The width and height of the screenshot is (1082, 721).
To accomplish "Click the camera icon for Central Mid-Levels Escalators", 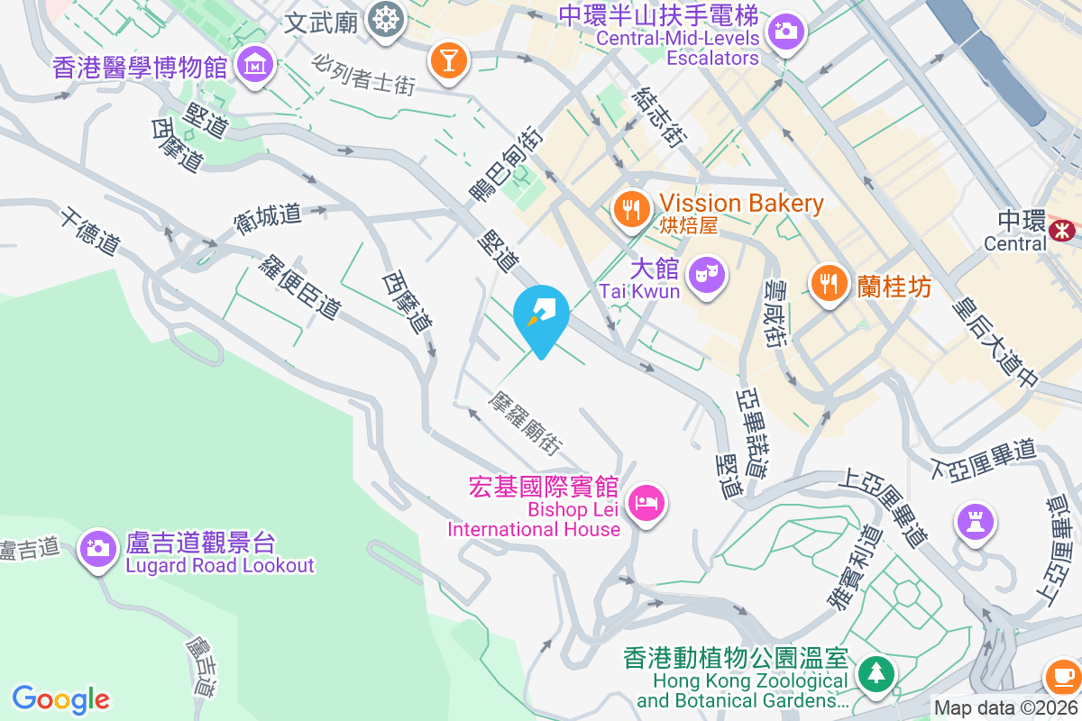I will (x=786, y=32).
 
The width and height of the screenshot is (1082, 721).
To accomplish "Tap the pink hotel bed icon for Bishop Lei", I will (x=646, y=501).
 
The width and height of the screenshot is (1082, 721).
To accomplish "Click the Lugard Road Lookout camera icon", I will (x=97, y=547).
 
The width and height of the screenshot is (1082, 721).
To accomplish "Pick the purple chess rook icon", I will (x=976, y=521).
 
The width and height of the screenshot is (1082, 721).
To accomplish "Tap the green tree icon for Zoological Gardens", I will (x=874, y=672).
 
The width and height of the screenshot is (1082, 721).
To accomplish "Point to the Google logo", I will (x=60, y=699).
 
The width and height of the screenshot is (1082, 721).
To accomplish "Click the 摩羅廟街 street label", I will (x=527, y=422).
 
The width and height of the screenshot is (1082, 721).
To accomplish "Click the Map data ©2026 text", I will (x=1005, y=707).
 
